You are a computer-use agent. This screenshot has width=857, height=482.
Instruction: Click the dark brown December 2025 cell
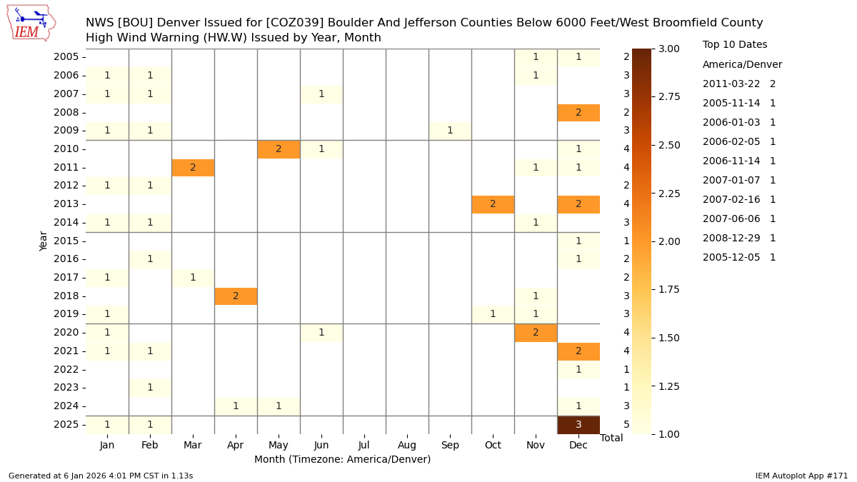[578, 424]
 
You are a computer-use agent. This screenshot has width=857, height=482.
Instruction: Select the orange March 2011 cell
[193, 167]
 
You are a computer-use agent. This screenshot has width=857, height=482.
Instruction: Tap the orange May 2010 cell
[279, 149]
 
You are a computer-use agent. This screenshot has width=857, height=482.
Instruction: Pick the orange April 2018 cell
[236, 296]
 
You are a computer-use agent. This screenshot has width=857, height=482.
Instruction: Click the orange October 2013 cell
[493, 204]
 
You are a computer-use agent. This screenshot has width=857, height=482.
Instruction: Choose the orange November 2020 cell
[536, 333]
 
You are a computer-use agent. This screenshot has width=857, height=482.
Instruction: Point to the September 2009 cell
[450, 131]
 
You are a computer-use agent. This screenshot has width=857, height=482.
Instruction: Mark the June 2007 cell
[321, 94]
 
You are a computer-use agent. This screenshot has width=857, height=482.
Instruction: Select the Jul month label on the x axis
[364, 445]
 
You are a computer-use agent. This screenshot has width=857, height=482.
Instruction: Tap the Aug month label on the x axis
[407, 445]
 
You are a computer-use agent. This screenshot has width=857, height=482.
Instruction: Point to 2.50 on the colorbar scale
[670, 145]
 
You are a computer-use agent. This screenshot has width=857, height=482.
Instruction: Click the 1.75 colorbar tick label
[670, 289]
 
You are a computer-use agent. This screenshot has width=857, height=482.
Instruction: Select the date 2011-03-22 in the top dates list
[731, 84]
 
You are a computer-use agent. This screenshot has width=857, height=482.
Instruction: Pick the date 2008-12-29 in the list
[731, 239]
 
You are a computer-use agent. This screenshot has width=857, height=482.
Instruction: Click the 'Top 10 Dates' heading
[735, 45]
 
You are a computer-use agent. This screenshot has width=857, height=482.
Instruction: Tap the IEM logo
[31, 23]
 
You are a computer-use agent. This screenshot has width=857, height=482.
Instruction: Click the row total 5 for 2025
[626, 424]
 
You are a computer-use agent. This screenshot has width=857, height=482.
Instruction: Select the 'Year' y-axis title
[44, 241]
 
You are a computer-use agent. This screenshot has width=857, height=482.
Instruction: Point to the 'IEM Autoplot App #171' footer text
[801, 476]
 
